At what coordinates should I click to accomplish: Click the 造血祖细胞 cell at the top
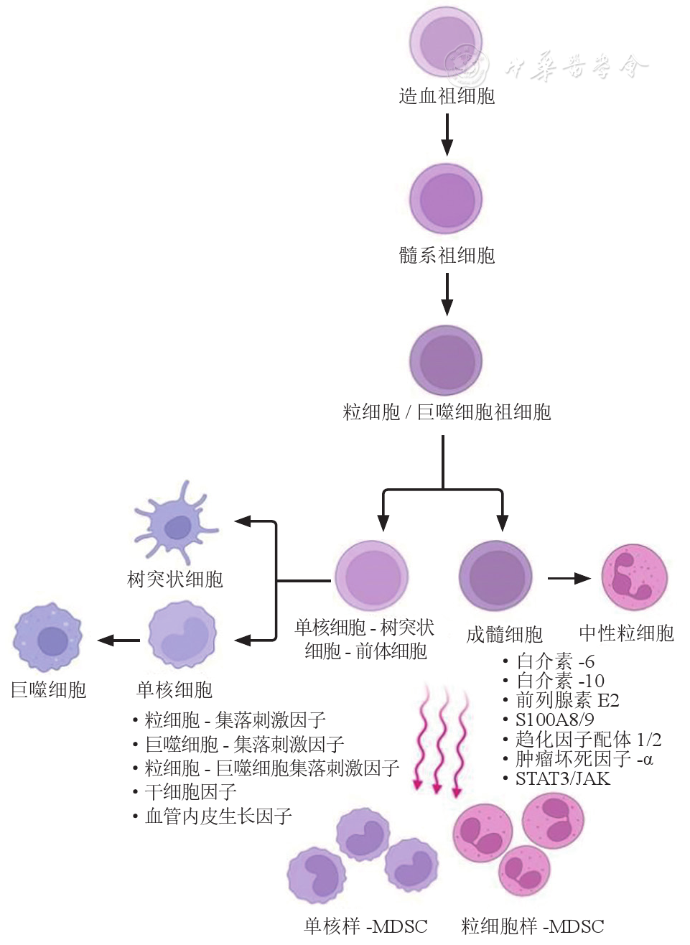(446, 42)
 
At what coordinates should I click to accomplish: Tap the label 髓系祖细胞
(447, 256)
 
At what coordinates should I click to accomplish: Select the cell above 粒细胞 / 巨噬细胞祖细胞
(445, 360)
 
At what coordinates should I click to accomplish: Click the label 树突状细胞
(175, 579)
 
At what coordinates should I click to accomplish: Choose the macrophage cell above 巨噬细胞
(48, 638)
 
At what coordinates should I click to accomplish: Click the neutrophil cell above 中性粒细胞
(634, 578)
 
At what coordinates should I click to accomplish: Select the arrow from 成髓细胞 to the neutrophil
(569, 578)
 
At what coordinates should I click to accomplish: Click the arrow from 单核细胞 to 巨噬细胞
(119, 640)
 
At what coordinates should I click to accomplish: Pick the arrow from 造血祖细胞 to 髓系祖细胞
(447, 134)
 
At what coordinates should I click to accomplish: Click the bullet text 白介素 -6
(555, 661)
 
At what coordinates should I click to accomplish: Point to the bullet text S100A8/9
(554, 720)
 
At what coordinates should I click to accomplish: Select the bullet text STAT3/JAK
(562, 778)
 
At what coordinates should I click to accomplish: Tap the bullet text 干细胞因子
(190, 792)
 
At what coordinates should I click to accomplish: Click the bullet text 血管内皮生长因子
(218, 816)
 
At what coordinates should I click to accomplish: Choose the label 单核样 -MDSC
(365, 926)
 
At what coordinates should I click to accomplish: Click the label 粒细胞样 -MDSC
(533, 926)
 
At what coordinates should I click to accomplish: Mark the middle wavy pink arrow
(438, 740)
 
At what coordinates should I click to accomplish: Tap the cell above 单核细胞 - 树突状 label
(371, 576)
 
